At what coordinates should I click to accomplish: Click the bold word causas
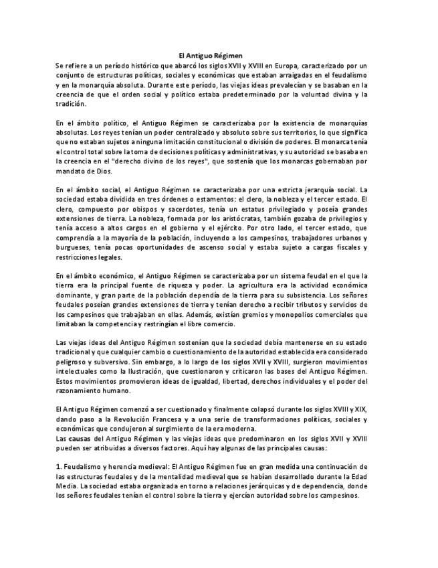coord(80,438)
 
